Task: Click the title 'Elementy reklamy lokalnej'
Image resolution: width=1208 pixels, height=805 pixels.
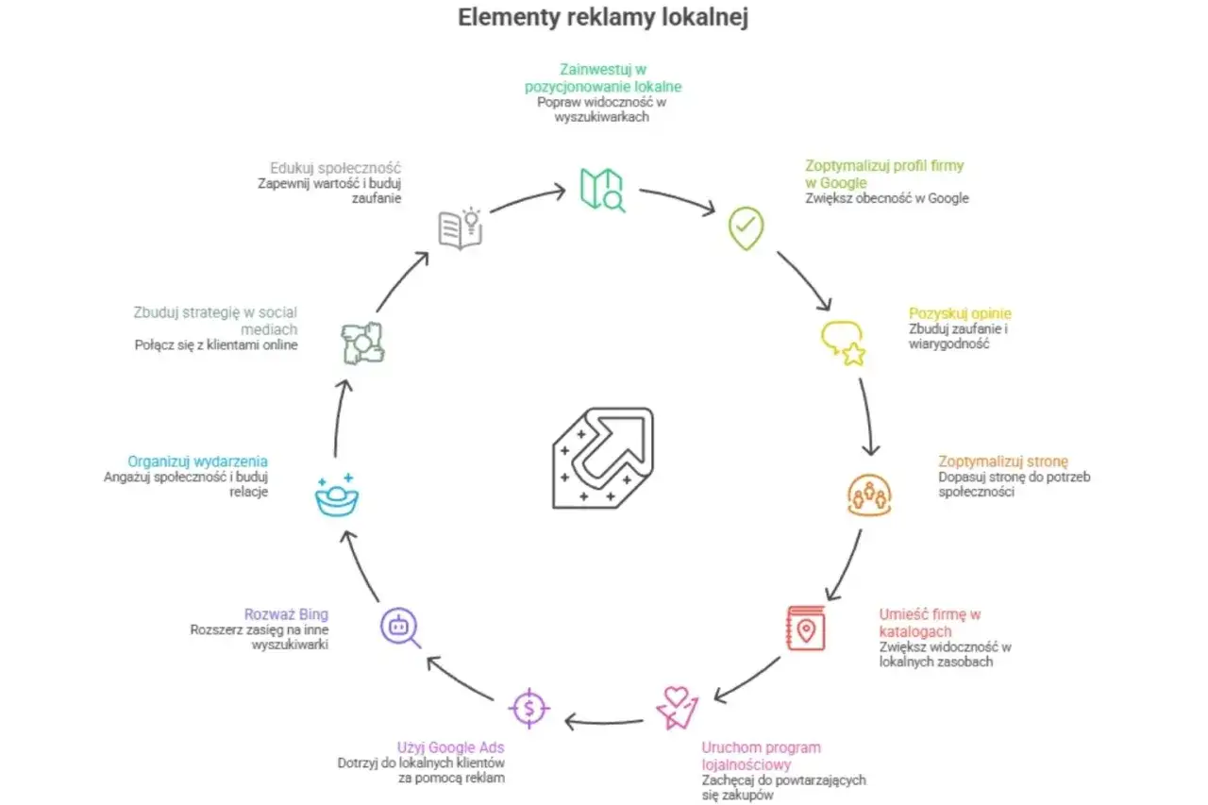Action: tap(603, 17)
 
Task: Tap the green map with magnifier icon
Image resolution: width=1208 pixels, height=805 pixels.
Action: tap(602, 190)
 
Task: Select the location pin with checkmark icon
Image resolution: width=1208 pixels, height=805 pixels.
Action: tap(746, 228)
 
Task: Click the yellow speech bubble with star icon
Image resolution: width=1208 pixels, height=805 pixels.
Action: tap(843, 344)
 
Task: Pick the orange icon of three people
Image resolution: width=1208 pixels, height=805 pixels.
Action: tap(869, 495)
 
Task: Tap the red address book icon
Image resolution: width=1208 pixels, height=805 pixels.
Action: tap(806, 629)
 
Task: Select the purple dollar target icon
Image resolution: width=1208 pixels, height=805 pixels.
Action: tap(529, 708)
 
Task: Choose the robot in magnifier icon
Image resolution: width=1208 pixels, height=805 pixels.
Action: tap(400, 628)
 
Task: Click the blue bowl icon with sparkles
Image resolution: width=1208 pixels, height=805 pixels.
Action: tap(337, 495)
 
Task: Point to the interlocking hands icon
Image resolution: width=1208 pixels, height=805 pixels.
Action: tap(362, 344)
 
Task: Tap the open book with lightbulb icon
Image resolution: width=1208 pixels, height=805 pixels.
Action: tap(460, 228)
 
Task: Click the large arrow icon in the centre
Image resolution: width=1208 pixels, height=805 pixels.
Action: tap(603, 458)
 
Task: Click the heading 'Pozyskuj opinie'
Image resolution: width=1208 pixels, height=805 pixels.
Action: tap(960, 313)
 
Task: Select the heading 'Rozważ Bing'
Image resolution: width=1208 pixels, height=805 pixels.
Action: tap(286, 614)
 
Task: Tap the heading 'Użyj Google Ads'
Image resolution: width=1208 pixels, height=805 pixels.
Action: tap(451, 747)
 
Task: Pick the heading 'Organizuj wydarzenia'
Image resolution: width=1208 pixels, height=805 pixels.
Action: tap(197, 461)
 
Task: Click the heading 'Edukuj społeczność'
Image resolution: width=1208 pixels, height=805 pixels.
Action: tap(335, 168)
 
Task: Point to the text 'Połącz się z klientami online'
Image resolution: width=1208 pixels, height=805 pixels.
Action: tap(216, 345)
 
